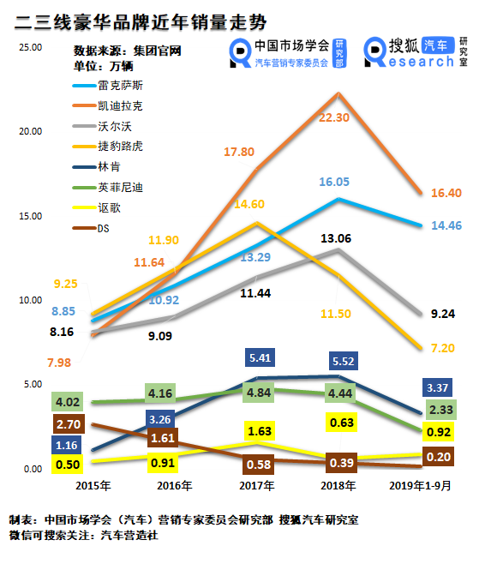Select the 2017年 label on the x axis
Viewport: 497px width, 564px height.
(x=257, y=487)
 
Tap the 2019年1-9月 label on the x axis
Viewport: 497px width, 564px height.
(x=422, y=487)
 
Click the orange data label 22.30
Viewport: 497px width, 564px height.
(x=334, y=117)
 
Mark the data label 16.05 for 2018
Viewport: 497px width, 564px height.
(x=334, y=182)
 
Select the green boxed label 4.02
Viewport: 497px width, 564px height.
(x=68, y=401)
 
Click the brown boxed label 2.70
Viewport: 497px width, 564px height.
(x=68, y=423)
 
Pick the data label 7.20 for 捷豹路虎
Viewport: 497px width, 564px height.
(x=444, y=350)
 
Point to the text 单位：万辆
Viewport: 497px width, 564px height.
(x=100, y=66)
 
